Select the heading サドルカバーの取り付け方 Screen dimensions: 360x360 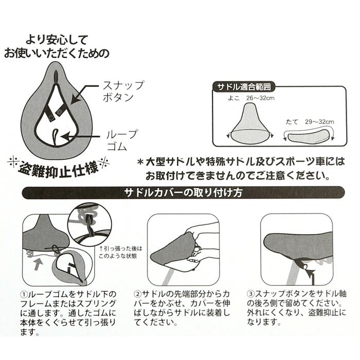click(179, 194)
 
